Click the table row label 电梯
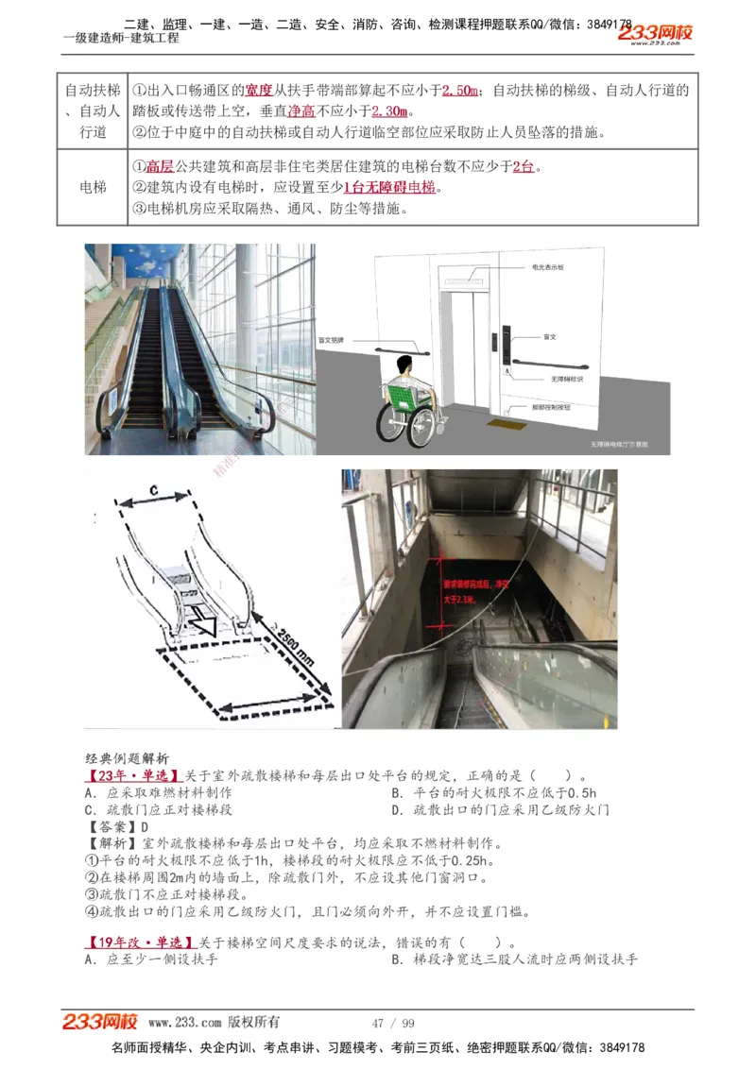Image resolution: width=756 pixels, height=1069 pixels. (93, 188)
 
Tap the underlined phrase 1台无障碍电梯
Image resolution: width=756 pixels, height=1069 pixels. (389, 188)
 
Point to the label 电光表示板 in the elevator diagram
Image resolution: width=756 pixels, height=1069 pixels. (549, 268)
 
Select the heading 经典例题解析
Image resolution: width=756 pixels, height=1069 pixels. (127, 758)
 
